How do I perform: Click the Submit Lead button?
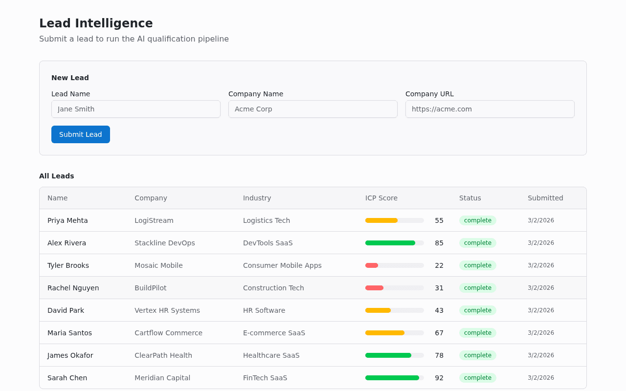(81, 134)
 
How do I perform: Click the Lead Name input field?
(135, 109)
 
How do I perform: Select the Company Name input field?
(313, 109)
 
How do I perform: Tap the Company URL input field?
(490, 109)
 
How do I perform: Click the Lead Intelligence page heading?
(96, 23)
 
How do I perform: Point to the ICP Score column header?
(381, 198)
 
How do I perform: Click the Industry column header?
(257, 198)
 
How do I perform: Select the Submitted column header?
(545, 198)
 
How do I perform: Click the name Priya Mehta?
(67, 220)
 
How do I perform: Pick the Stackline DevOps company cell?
(164, 243)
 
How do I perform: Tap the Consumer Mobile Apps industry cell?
(282, 265)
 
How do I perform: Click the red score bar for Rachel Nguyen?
(375, 288)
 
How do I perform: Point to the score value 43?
(439, 310)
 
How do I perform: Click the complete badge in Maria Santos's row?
(477, 333)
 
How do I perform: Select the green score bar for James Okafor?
(388, 355)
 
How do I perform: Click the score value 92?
(439, 378)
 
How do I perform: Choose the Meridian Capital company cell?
(162, 378)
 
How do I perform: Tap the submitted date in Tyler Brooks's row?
(540, 265)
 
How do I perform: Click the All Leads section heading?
(57, 176)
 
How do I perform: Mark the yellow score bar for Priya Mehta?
(381, 220)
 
